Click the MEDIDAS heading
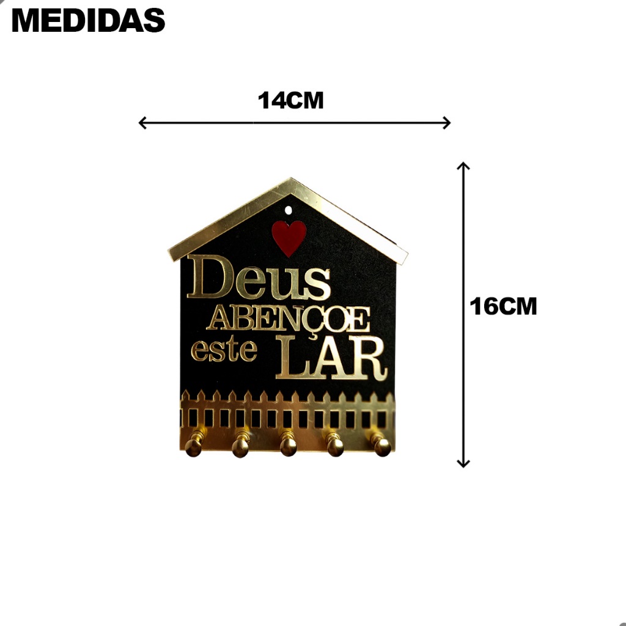[x=88, y=20]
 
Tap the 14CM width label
[x=290, y=100]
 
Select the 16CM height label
[x=504, y=306]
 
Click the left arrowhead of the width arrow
[x=142, y=122]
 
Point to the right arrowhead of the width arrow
[x=447, y=122]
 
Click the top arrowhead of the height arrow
[x=463, y=166]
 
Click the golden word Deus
[x=259, y=278]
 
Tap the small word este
[x=224, y=350]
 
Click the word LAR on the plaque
[x=331, y=357]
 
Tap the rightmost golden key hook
[x=381, y=444]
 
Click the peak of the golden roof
[x=291, y=179]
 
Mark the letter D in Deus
[x=210, y=277]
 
